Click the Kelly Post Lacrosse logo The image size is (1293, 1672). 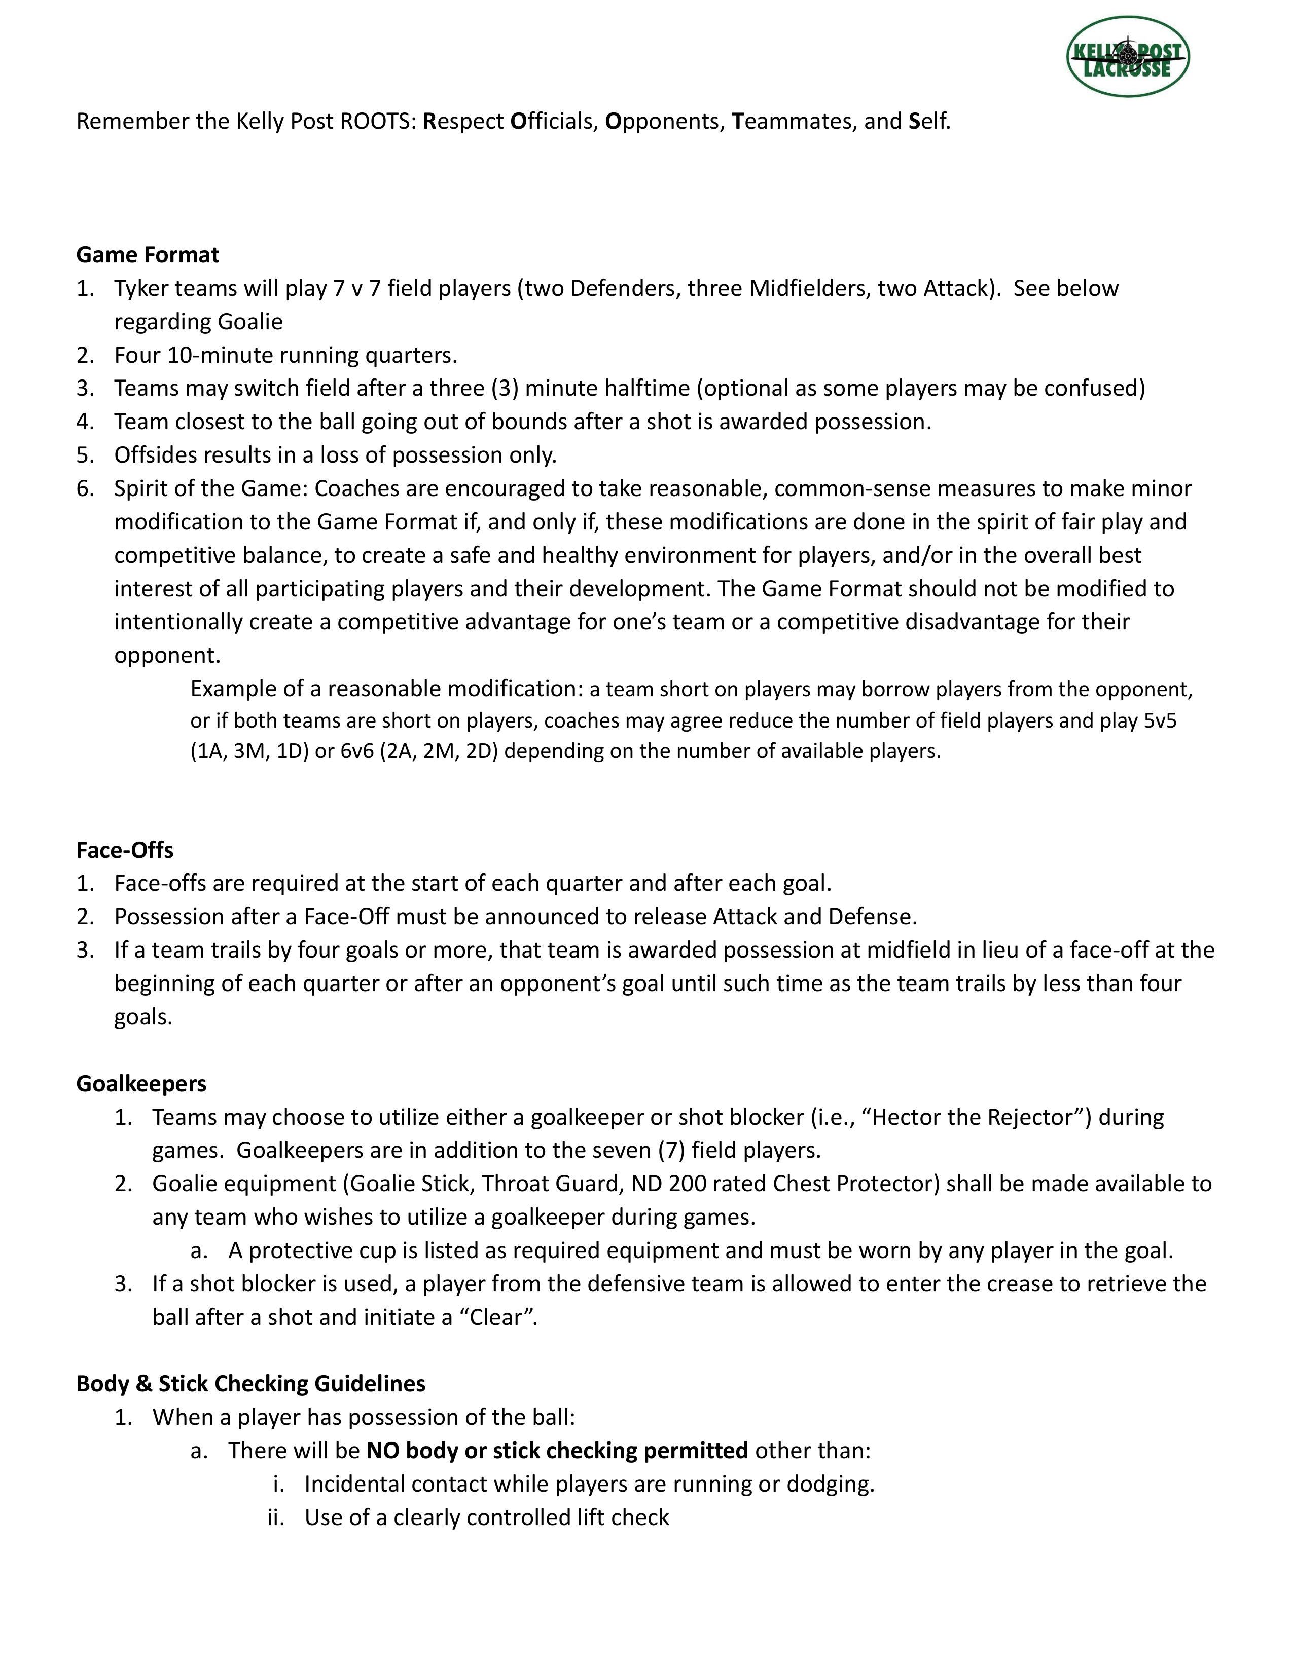(x=1128, y=57)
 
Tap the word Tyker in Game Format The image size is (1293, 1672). (x=141, y=289)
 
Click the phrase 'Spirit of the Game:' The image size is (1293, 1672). (x=210, y=488)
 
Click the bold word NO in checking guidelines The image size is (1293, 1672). (x=382, y=1451)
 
